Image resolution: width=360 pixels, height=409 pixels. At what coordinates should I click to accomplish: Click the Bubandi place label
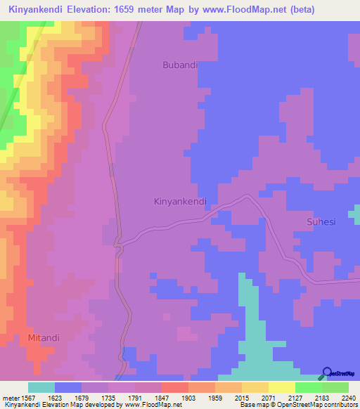pos(180,65)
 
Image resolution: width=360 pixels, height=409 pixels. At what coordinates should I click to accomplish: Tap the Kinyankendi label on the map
pos(180,201)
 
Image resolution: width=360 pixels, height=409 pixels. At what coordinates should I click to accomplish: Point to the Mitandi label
pos(44,337)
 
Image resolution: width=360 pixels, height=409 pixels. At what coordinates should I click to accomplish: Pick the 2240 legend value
pos(349,397)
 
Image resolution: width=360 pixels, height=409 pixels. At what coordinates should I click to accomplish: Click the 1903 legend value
pos(189,397)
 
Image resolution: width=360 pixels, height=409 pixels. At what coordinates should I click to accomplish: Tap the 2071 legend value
pos(269,397)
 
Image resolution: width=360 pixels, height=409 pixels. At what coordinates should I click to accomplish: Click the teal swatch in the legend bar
pos(41,387)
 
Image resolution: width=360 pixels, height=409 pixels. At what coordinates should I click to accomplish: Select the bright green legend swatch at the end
pos(335,387)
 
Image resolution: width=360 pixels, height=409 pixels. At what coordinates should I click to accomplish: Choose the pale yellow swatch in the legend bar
pos(282,387)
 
